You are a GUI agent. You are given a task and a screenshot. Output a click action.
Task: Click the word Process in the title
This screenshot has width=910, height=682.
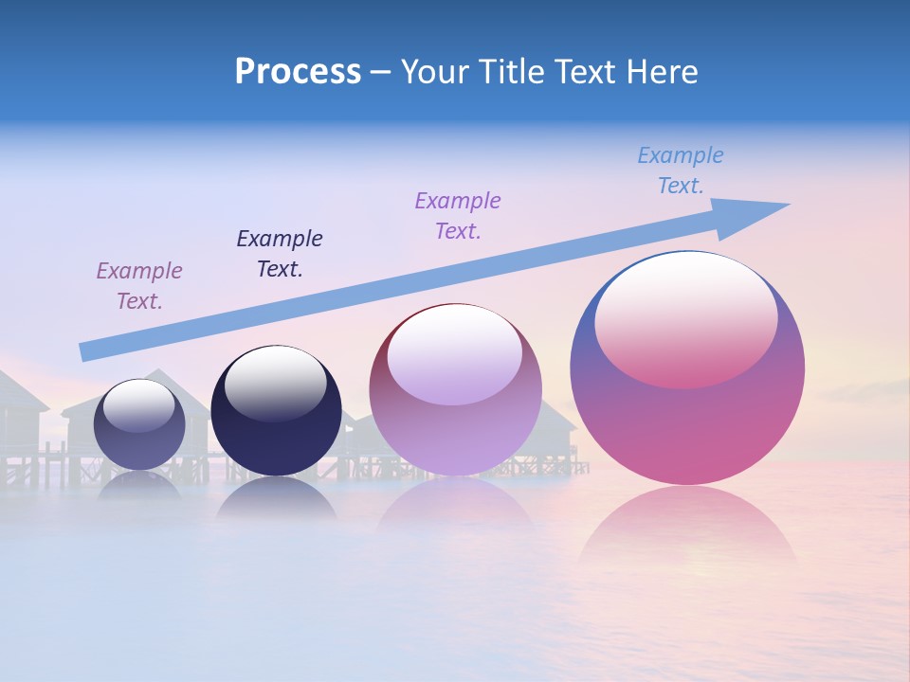coord(298,72)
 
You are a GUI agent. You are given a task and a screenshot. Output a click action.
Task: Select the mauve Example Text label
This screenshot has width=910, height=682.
coord(139,285)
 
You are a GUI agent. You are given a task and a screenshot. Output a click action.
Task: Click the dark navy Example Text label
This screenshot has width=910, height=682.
coord(280,253)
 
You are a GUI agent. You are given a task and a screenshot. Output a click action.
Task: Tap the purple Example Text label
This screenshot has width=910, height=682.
coord(458,215)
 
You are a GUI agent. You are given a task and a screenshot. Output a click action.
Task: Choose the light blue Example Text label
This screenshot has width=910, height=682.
coord(681,170)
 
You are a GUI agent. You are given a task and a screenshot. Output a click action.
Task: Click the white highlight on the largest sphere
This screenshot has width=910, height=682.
coord(685,317)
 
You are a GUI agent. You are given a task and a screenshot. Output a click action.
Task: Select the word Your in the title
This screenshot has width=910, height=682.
coord(437,72)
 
